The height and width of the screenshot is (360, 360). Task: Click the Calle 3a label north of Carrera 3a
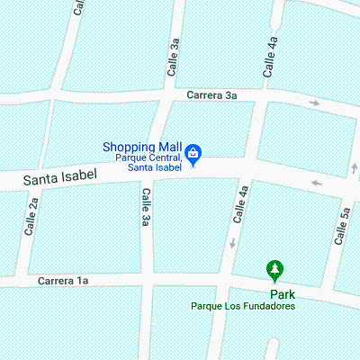click(x=175, y=55)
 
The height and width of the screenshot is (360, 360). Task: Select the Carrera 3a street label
click(x=211, y=94)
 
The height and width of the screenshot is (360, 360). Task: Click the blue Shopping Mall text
click(x=142, y=147)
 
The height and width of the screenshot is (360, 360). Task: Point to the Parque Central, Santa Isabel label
click(x=148, y=162)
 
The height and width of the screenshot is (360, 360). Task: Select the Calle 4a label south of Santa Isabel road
click(x=240, y=203)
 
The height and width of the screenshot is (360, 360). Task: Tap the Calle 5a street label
click(x=342, y=226)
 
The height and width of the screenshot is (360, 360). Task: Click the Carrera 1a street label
click(x=63, y=282)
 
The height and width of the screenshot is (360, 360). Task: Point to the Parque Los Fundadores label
click(x=242, y=306)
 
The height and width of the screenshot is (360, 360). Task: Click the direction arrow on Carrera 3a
click(x=314, y=103)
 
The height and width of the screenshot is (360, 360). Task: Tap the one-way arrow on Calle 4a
click(x=231, y=243)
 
